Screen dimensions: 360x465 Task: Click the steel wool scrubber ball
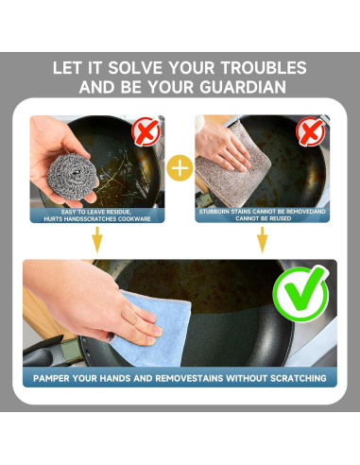pos(73,177)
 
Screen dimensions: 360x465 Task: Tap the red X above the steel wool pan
pos(146,131)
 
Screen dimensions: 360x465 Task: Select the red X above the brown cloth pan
pos(311,131)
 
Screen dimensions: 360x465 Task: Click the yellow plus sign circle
pos(180,168)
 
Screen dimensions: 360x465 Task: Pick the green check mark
pos(300,294)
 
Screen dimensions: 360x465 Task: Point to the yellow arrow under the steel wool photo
pos(97,239)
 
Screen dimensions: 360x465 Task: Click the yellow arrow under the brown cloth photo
pos(262,239)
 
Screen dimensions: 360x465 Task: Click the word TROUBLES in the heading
pos(263,68)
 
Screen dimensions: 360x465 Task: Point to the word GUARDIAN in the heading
pos(243,87)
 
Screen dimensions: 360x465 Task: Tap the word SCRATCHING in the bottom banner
pos(299,378)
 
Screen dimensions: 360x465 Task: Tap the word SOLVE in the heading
pos(135,68)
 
